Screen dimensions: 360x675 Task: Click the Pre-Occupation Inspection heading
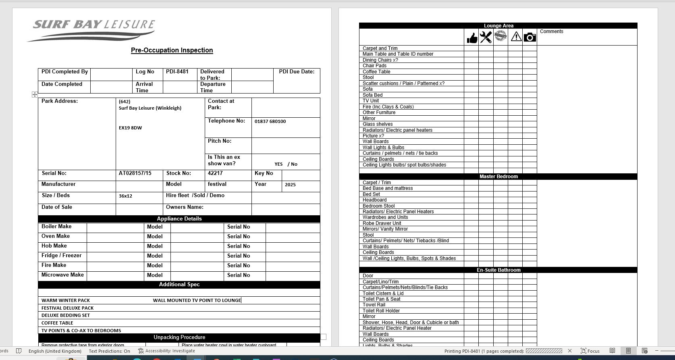(x=172, y=50)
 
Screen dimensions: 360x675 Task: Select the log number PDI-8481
(x=177, y=72)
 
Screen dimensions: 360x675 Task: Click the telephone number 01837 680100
(x=270, y=121)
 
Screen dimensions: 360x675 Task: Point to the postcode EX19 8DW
(x=130, y=128)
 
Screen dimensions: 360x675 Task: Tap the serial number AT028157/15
(x=135, y=173)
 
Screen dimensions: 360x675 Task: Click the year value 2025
(x=290, y=185)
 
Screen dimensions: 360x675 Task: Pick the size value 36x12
(x=125, y=196)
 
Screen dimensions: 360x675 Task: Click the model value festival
(x=217, y=184)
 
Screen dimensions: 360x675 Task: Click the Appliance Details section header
(x=179, y=219)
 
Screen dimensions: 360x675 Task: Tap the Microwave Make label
(x=62, y=275)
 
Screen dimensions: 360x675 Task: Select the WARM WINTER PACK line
(x=66, y=300)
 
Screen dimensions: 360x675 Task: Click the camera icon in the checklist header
(x=530, y=37)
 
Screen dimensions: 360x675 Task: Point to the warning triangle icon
(x=516, y=37)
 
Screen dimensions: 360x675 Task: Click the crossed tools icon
(x=486, y=37)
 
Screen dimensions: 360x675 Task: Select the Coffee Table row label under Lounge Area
(x=376, y=72)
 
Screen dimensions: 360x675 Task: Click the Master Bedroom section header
(x=498, y=177)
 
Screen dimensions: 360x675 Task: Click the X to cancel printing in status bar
(x=569, y=351)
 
